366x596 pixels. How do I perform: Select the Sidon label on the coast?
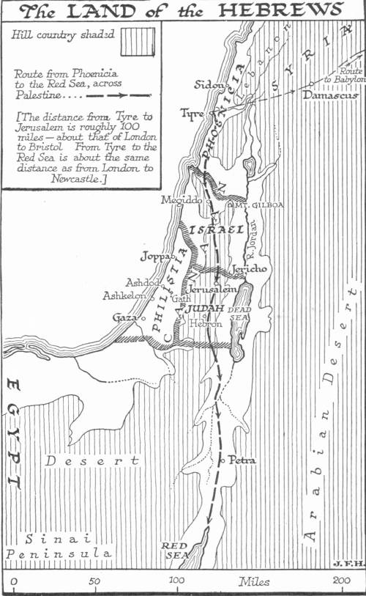coord(208,84)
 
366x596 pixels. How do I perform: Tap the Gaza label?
coord(125,317)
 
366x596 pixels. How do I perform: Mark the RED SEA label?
coord(176,550)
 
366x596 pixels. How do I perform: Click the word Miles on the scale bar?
coord(254,581)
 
